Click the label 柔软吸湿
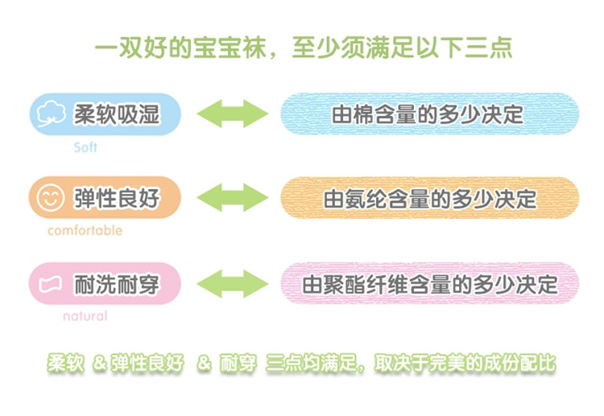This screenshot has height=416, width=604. pyautogui.click(x=117, y=113)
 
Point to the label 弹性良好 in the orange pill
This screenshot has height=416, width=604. pyautogui.click(x=117, y=198)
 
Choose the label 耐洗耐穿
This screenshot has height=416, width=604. pyautogui.click(x=117, y=284)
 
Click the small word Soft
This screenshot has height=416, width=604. pyautogui.click(x=85, y=148)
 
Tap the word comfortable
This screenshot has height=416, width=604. pyautogui.click(x=85, y=231)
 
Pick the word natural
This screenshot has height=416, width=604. pyautogui.click(x=85, y=316)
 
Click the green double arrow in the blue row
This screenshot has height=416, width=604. pyautogui.click(x=232, y=113)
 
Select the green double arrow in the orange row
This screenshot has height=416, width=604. pyautogui.click(x=232, y=198)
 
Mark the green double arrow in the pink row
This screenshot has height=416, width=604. pyautogui.click(x=232, y=284)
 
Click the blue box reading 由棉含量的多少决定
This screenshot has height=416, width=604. pyautogui.click(x=429, y=113)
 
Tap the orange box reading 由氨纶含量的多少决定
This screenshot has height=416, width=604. pyautogui.click(x=429, y=198)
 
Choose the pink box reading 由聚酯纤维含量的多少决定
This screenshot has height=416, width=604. pyautogui.click(x=429, y=284)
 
